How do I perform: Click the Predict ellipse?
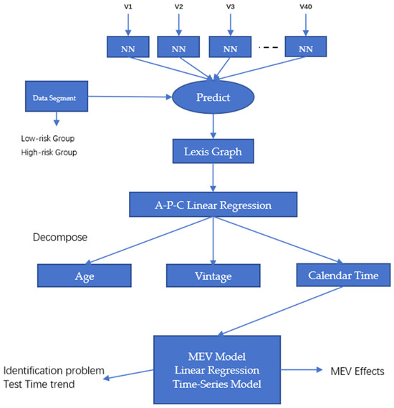coord(213,97)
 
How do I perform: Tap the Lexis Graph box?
coord(213,151)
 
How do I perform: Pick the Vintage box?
coord(213,276)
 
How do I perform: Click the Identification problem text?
coord(55,371)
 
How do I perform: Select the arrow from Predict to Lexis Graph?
coord(213,127)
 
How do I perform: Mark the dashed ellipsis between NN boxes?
coord(269,47)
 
